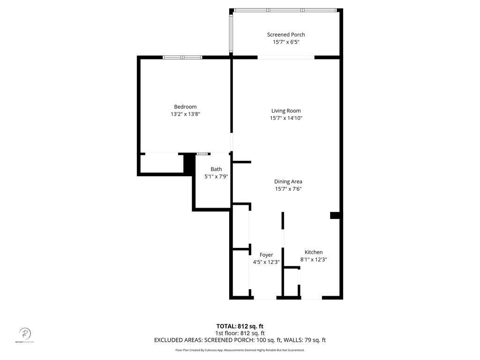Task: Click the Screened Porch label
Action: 286,35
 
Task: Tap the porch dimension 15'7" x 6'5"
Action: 286,42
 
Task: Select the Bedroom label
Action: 185,107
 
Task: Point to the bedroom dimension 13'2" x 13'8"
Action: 185,114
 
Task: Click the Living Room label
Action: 286,111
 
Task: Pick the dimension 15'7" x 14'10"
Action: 286,118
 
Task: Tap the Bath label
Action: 216,169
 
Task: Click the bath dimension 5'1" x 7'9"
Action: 216,177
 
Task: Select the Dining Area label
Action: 288,181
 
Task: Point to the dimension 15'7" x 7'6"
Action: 288,189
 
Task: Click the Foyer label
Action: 266,255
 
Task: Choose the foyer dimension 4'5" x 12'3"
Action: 266,262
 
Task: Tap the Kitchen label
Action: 314,252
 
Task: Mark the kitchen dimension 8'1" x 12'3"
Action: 314,259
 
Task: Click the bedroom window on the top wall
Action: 182,57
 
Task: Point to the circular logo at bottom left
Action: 25,334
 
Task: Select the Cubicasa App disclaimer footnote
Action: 240,350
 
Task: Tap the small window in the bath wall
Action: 203,153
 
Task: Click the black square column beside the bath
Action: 189,164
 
